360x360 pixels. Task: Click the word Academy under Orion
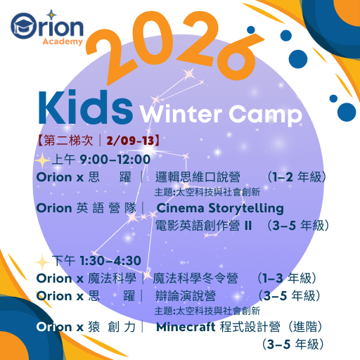point(64,41)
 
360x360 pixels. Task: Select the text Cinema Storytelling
point(220,208)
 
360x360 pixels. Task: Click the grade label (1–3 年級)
point(288,278)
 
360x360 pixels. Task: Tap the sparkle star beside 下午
point(44,261)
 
